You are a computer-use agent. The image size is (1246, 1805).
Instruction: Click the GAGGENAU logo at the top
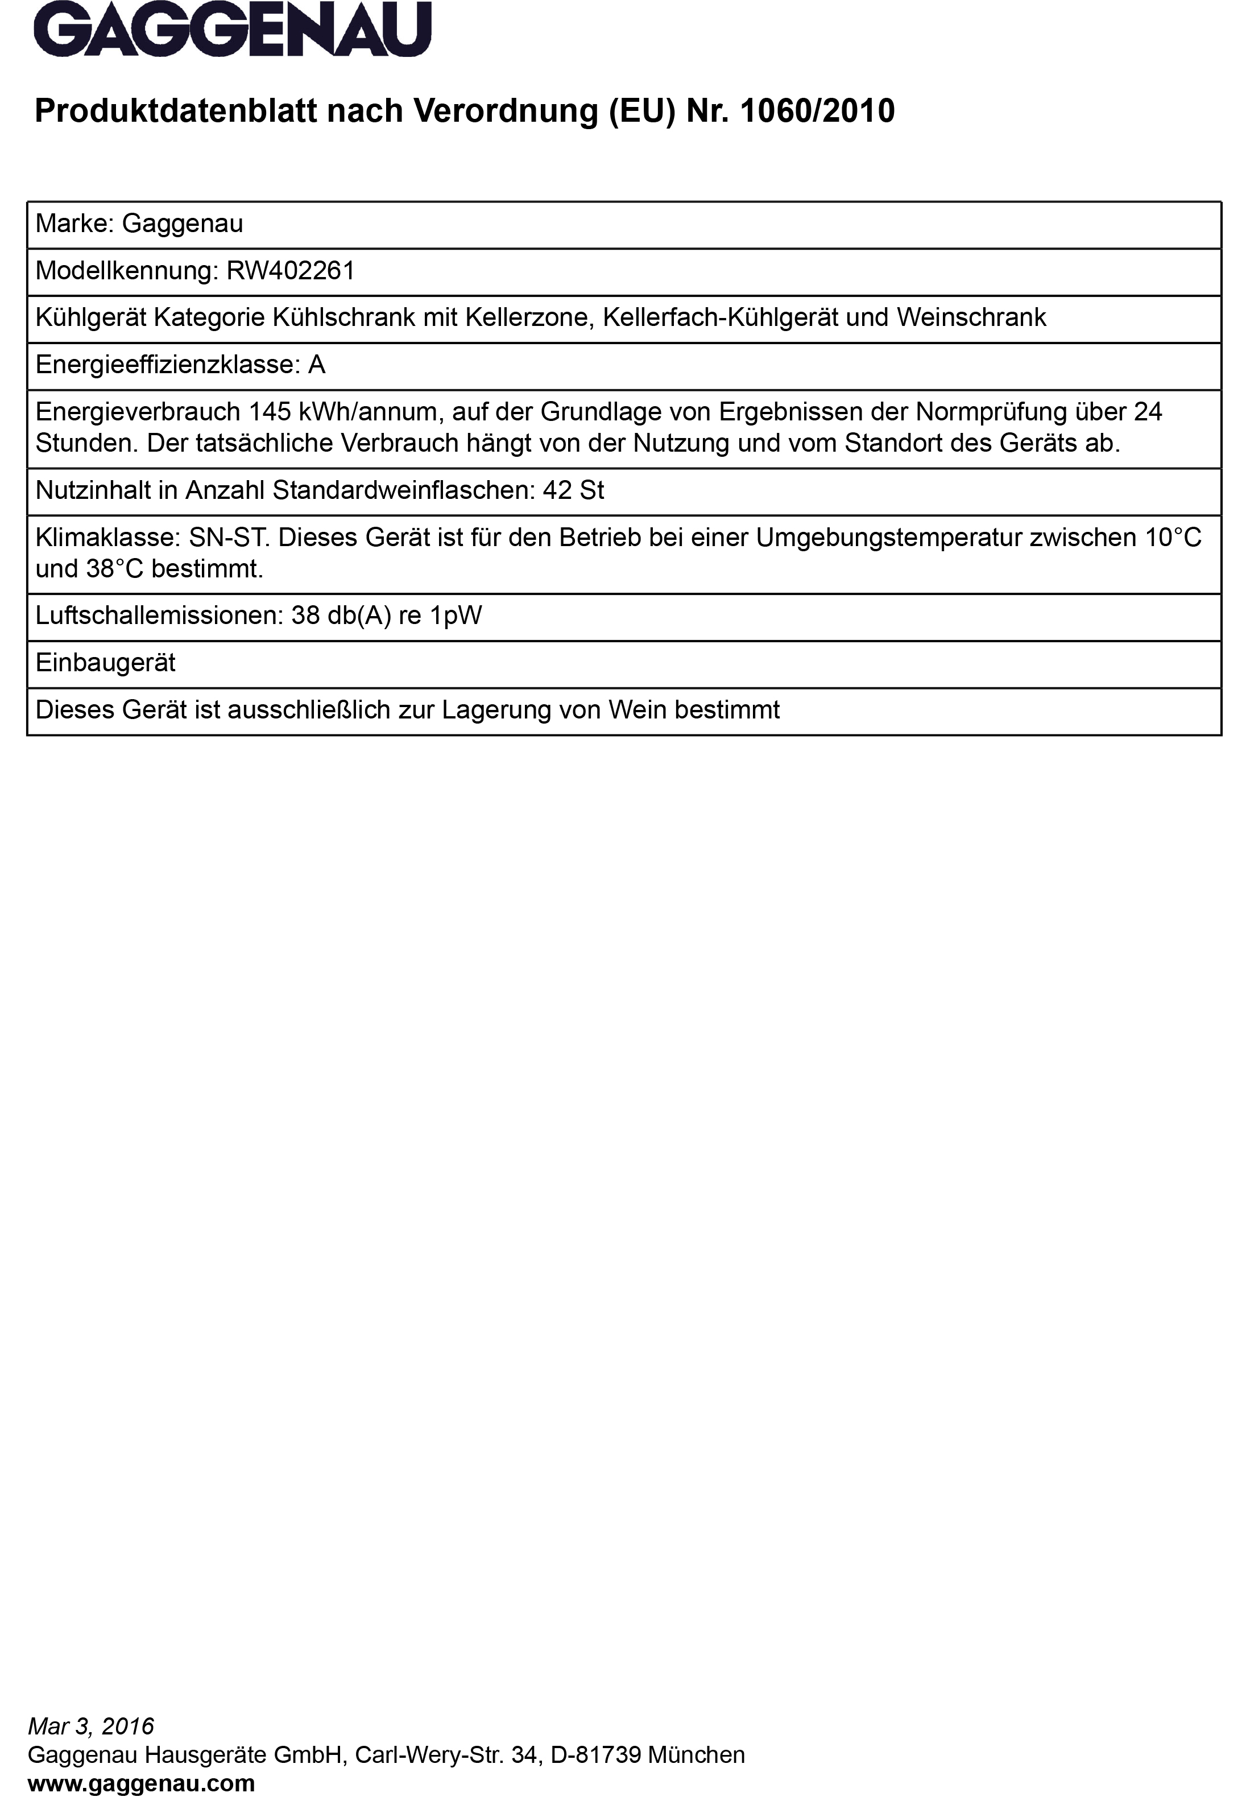click(232, 30)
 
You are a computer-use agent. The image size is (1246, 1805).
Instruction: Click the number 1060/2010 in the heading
click(817, 111)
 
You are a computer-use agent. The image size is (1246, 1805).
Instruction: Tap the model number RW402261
click(291, 271)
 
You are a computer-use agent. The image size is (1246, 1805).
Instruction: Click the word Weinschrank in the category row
click(971, 318)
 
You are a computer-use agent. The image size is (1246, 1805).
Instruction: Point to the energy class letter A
click(316, 365)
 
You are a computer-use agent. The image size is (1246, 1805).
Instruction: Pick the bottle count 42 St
click(573, 490)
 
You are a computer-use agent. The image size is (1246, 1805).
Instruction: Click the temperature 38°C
click(115, 569)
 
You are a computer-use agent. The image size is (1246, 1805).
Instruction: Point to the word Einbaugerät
click(105, 663)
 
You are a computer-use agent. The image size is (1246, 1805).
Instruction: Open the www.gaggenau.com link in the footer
click(141, 1784)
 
